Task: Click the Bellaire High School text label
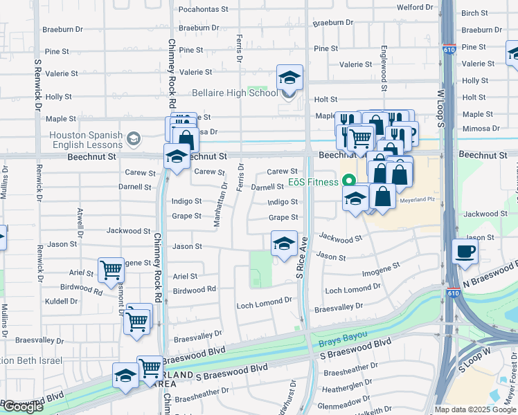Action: [x=234, y=93]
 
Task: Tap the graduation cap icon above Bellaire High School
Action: [x=290, y=77]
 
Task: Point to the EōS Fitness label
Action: [x=312, y=183]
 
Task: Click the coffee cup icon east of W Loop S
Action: [x=465, y=251]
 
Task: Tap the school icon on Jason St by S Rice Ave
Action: [x=283, y=244]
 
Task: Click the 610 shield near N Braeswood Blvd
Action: [x=454, y=293]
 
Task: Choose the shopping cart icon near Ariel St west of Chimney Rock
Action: [x=111, y=270]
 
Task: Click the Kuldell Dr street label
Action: [x=60, y=302]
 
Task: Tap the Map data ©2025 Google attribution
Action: [x=474, y=409]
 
